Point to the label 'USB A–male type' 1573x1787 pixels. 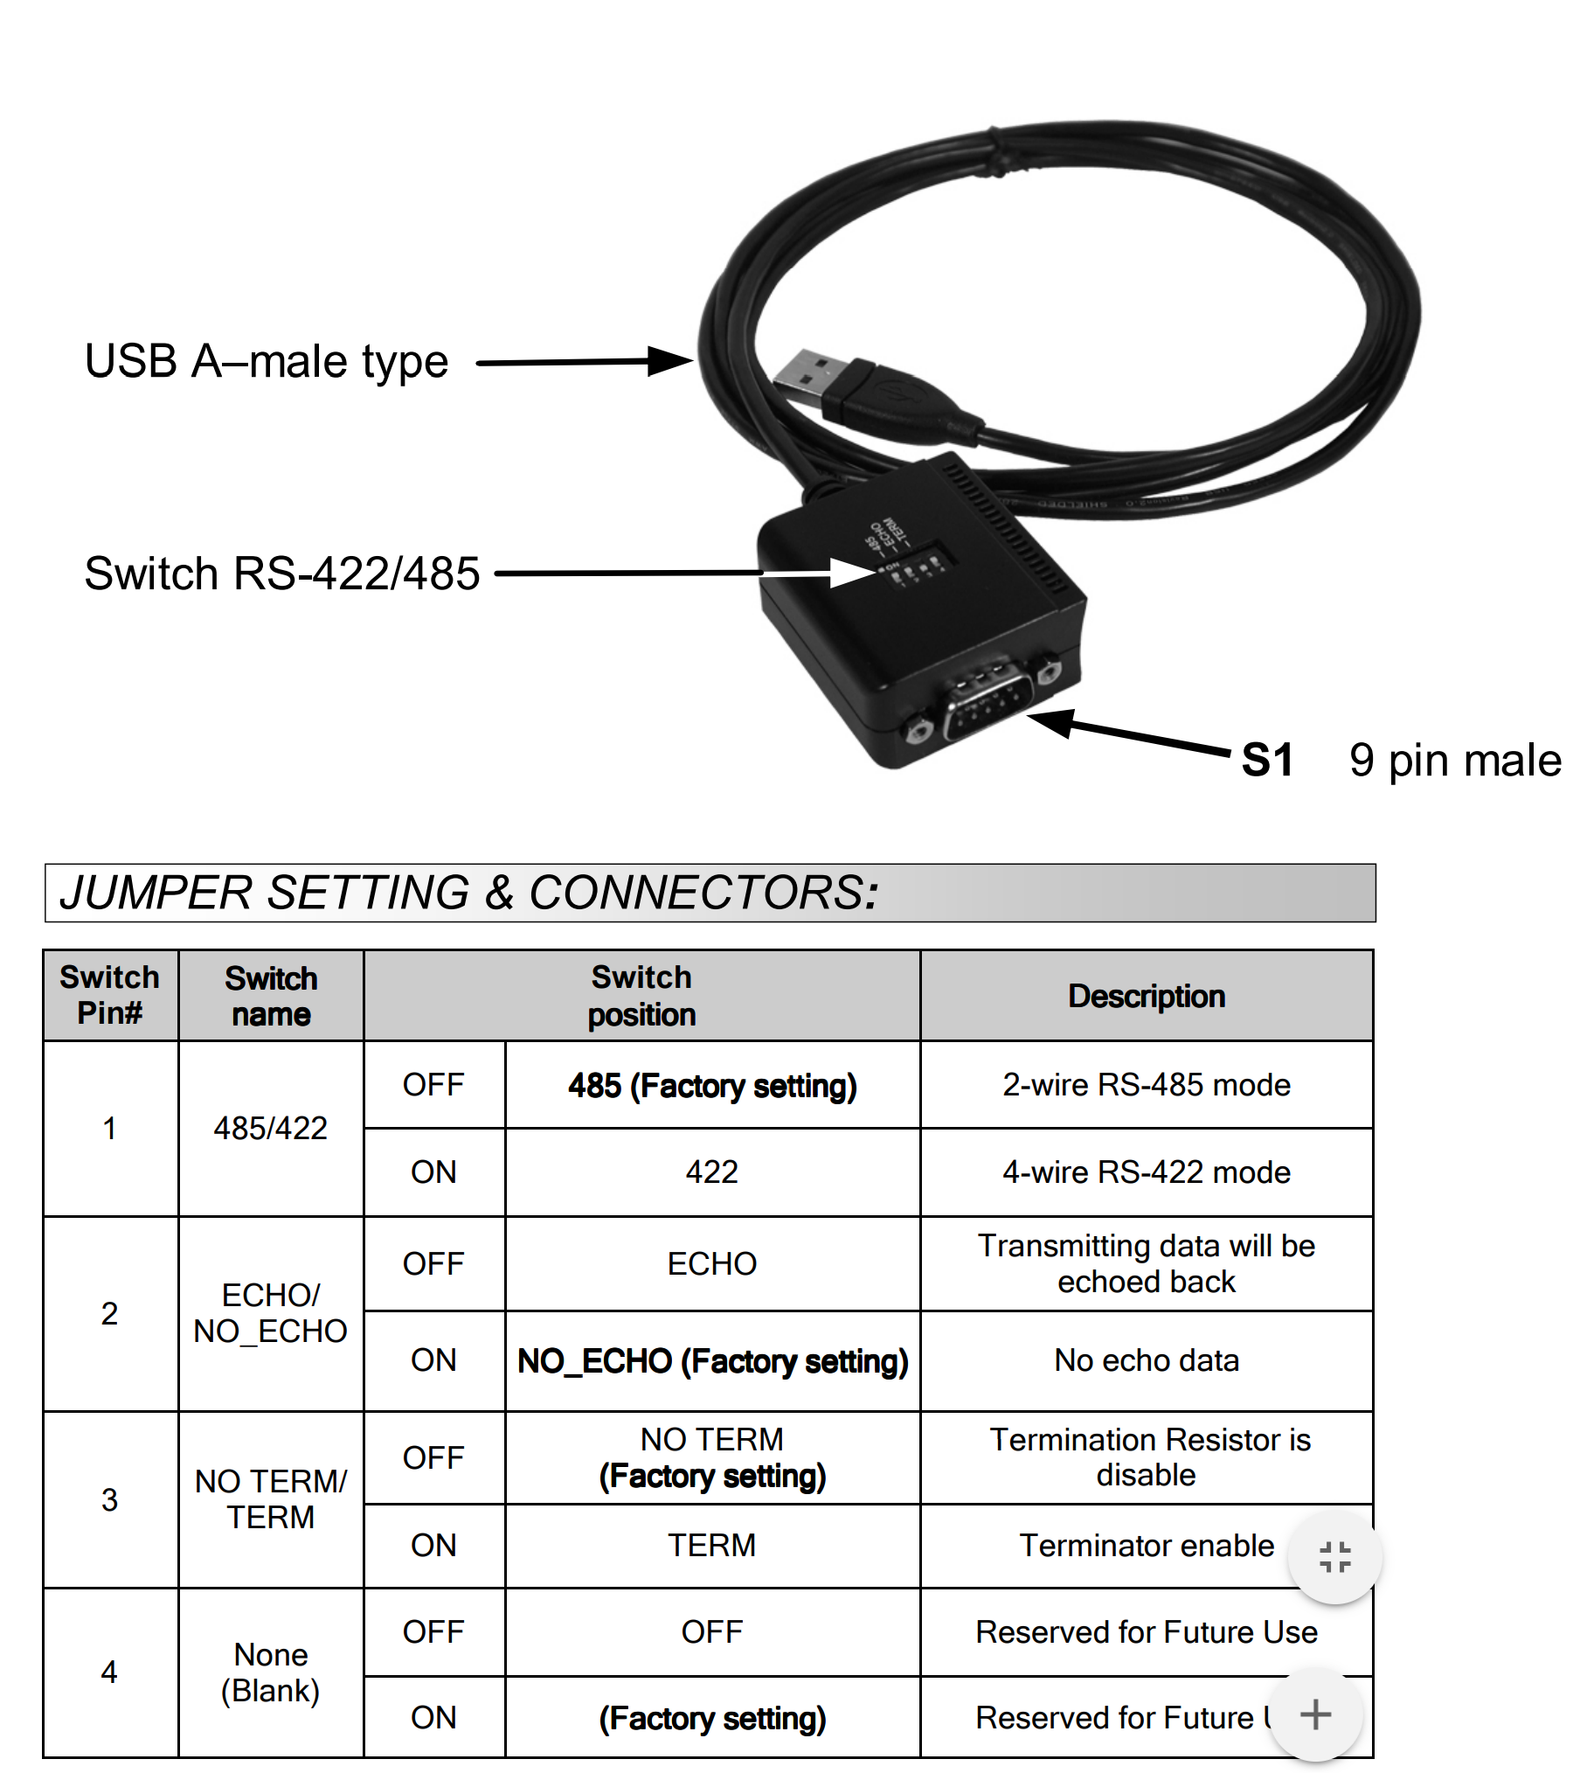coord(267,361)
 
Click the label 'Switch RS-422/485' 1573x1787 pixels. coord(282,574)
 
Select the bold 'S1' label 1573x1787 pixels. coord(1266,760)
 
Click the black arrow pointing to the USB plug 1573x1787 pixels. coord(584,361)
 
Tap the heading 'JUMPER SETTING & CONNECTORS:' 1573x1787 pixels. coord(468,893)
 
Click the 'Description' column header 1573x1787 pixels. coord(1146,996)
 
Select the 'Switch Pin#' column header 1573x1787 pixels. coord(110,995)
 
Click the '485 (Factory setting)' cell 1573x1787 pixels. coord(712,1085)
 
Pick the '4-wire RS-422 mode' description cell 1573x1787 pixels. coord(1146,1172)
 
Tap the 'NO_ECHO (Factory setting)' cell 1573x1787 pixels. coord(712,1360)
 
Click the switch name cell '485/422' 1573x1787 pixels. coord(271,1128)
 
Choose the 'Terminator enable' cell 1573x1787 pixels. coord(1146,1545)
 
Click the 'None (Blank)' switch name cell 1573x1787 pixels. coord(271,1672)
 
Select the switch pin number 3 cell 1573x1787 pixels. coord(110,1499)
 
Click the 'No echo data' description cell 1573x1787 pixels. coord(1146,1360)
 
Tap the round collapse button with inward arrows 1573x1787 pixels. coord(1334,1557)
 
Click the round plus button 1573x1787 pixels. coord(1315,1714)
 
